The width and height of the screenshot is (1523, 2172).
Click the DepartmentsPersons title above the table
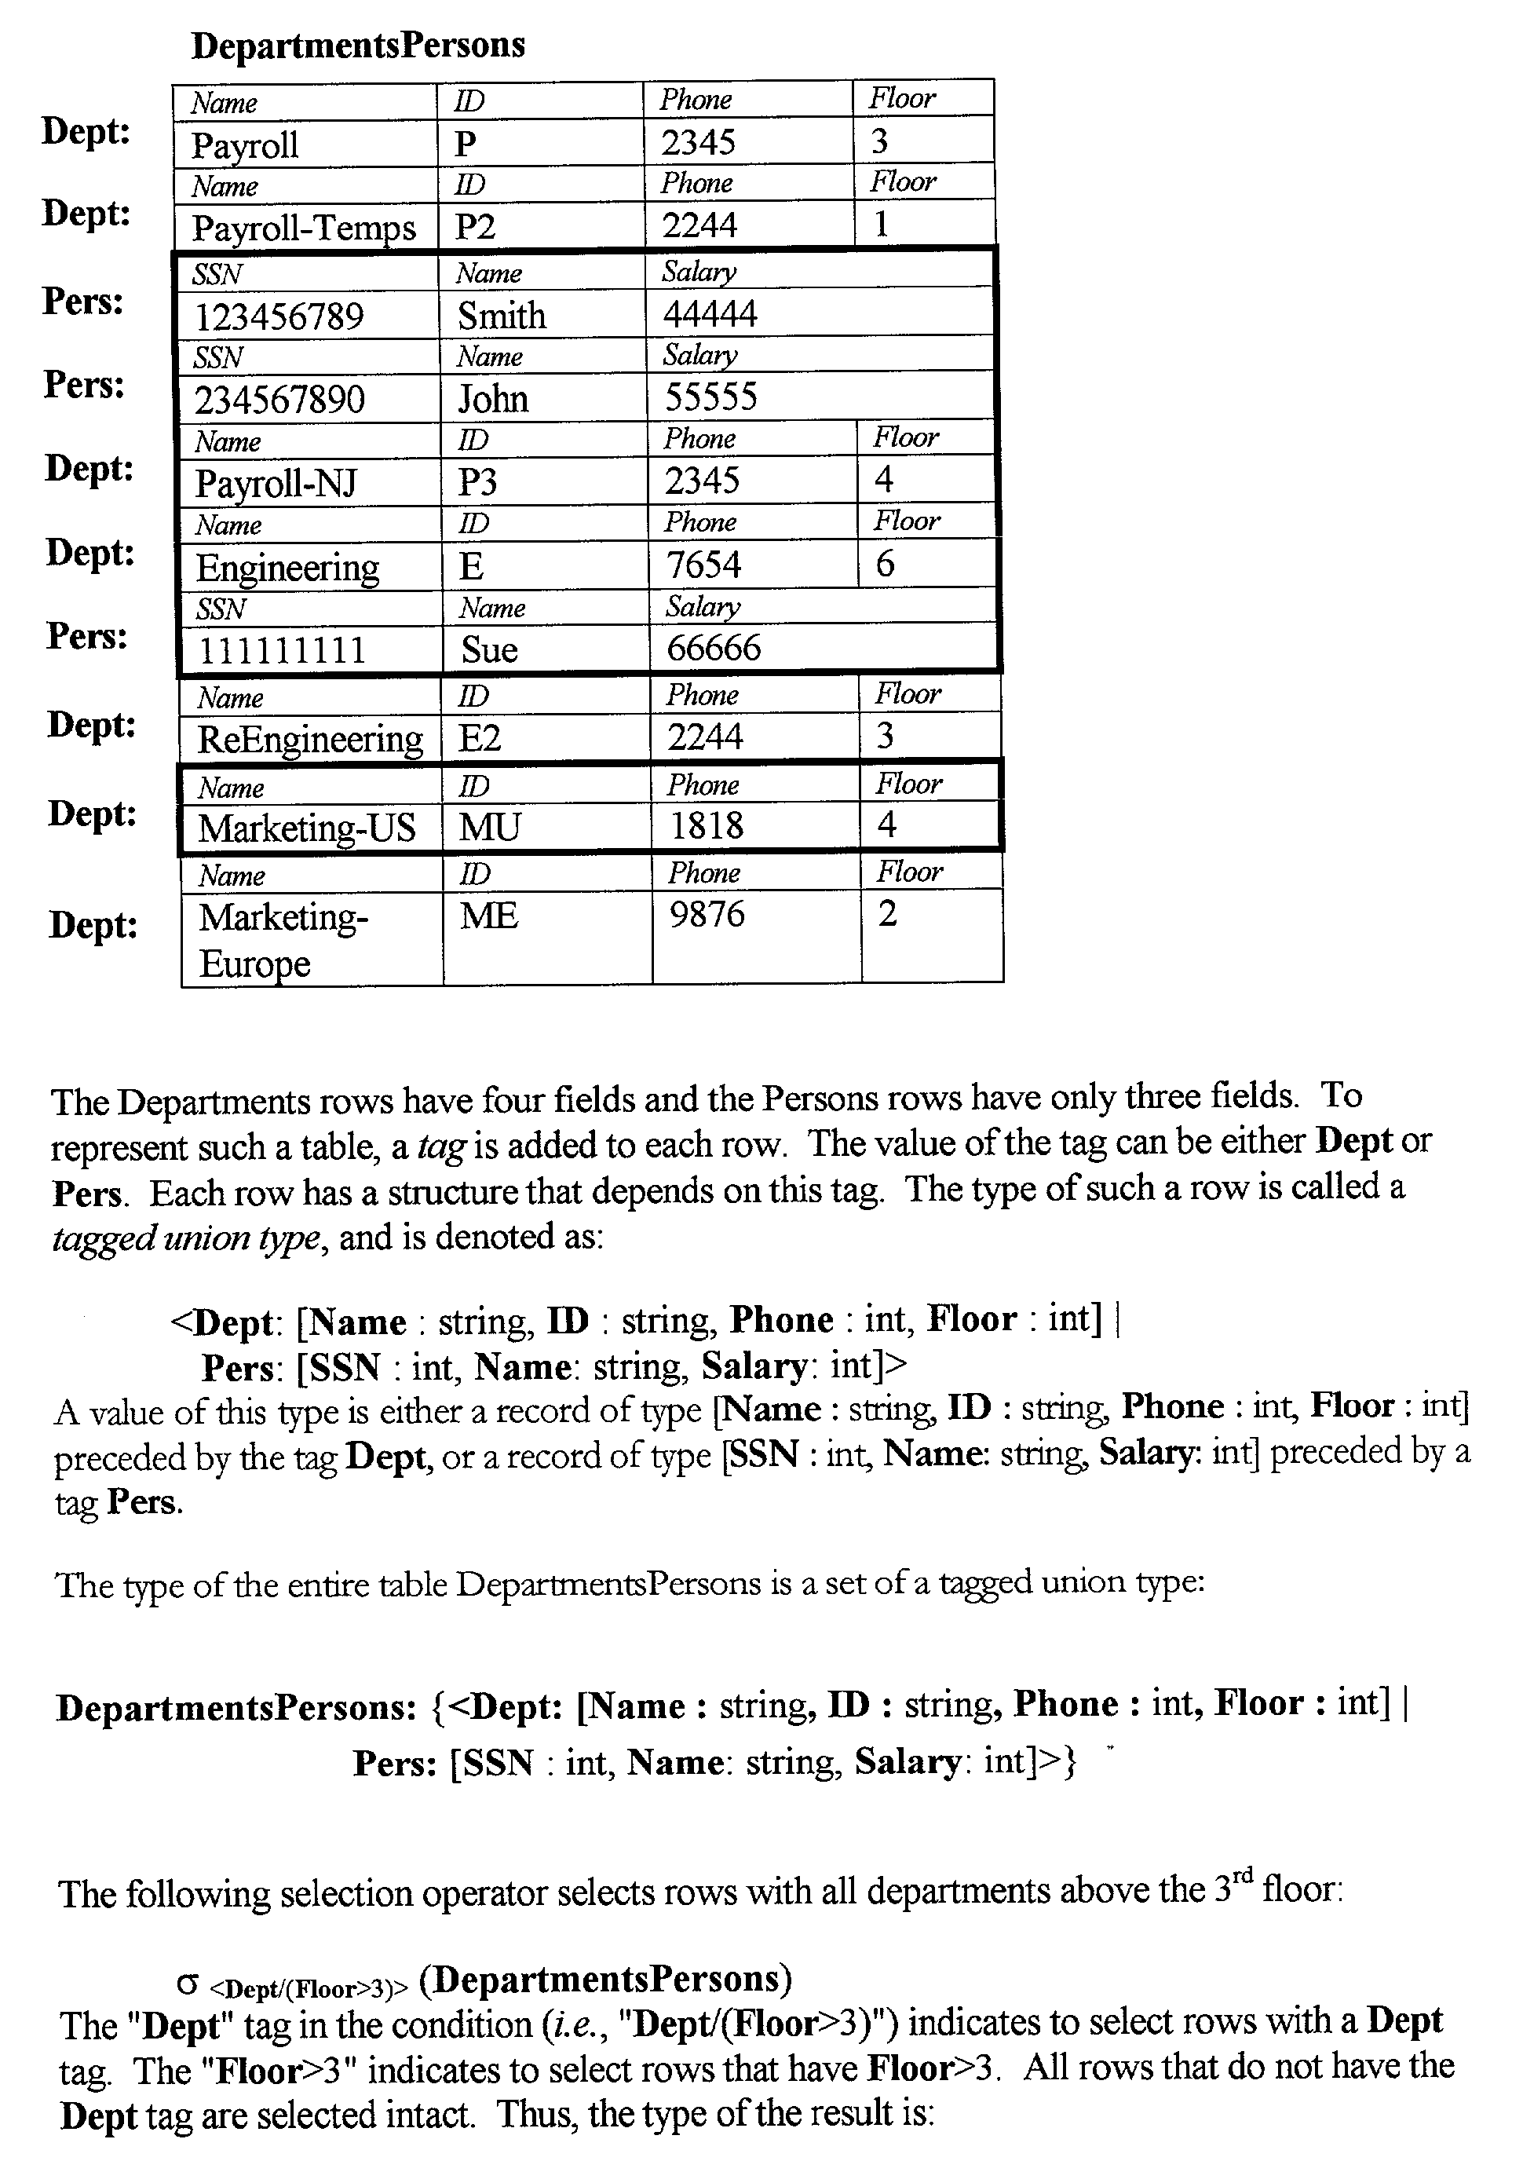coord(357,46)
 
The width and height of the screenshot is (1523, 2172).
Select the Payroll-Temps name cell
coord(304,228)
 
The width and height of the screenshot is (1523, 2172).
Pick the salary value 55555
coord(710,397)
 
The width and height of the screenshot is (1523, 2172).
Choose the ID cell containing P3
coord(477,482)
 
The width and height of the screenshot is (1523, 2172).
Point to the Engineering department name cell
coord(287,568)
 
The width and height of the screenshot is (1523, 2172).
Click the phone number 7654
coord(703,565)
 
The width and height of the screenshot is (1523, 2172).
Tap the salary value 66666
coord(714,648)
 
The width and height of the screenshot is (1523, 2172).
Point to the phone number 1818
coord(707,826)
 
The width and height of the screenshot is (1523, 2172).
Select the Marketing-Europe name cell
coord(283,939)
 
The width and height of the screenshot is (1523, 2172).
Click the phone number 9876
coord(707,914)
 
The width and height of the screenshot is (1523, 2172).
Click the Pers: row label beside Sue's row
coord(87,636)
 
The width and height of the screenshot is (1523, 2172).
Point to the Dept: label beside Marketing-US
coord(92,814)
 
